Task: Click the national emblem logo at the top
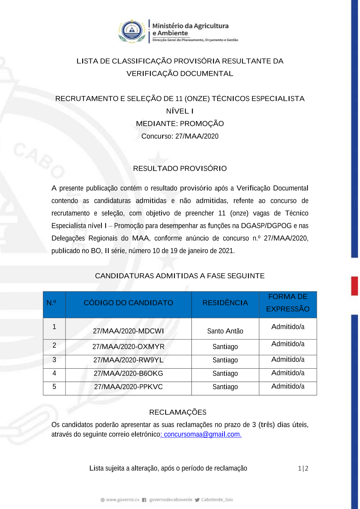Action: pos(132,31)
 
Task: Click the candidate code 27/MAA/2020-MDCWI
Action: pos(128,331)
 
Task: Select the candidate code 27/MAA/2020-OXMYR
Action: pos(128,347)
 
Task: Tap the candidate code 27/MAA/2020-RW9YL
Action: pos(128,360)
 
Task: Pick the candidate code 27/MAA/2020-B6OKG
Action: pos(128,373)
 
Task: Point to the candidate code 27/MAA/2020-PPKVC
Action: pos(128,387)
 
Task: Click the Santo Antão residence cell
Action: pos(225,331)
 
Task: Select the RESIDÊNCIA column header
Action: pos(225,303)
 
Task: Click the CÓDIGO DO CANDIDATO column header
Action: pos(128,303)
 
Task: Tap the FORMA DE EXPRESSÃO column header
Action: pos(288,303)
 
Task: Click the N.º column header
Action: pos(51,303)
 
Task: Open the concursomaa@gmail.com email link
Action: pos(202,434)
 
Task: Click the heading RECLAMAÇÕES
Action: pos(178,412)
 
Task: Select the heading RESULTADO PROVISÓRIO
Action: pos(180,168)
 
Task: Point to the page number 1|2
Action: pos(303,468)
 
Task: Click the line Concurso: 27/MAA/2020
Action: pos(180,136)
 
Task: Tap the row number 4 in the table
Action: pos(54,373)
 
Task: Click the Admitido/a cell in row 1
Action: pos(288,326)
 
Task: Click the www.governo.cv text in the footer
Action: pos(122,500)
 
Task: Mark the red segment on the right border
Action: pos(355,286)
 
